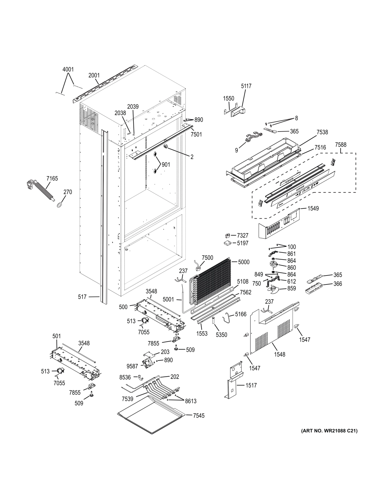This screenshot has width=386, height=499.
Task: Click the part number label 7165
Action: coord(52,179)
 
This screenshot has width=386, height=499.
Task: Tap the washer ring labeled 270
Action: coord(60,205)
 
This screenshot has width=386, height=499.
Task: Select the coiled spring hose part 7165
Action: coord(44,191)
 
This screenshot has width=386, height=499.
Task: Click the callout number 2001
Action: coord(94,75)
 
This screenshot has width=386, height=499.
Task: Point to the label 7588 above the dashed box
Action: coord(341,145)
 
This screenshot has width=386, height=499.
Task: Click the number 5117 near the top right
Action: coord(246,86)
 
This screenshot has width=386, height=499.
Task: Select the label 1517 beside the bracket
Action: coord(251,385)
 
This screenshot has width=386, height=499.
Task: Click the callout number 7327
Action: coord(242,235)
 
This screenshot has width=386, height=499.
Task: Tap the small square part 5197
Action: coord(227,243)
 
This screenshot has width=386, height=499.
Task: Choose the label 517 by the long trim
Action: coord(82,297)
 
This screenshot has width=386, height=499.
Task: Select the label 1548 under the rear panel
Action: coord(279,354)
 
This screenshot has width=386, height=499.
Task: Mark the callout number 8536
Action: coord(125,377)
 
